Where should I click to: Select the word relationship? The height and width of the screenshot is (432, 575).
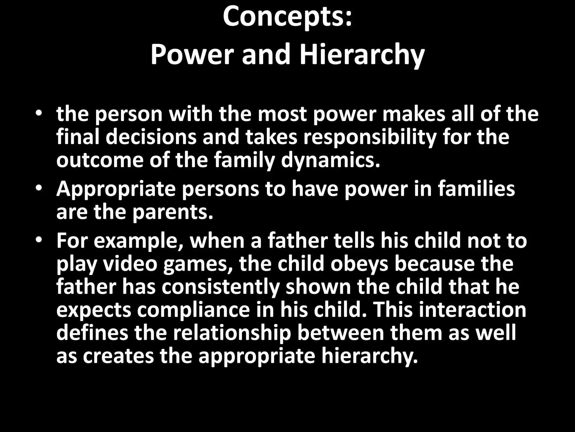[231, 334]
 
